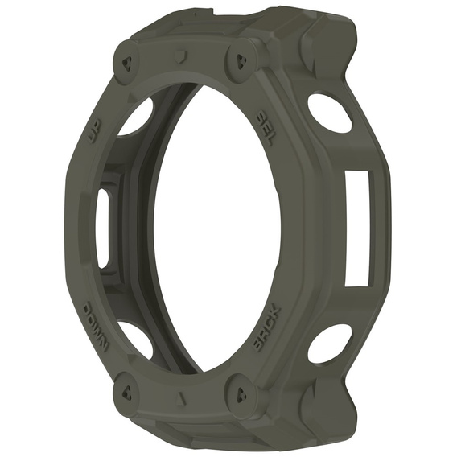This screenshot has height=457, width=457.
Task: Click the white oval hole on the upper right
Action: pos(329,113)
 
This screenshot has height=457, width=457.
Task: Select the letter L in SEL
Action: pos(274,137)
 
